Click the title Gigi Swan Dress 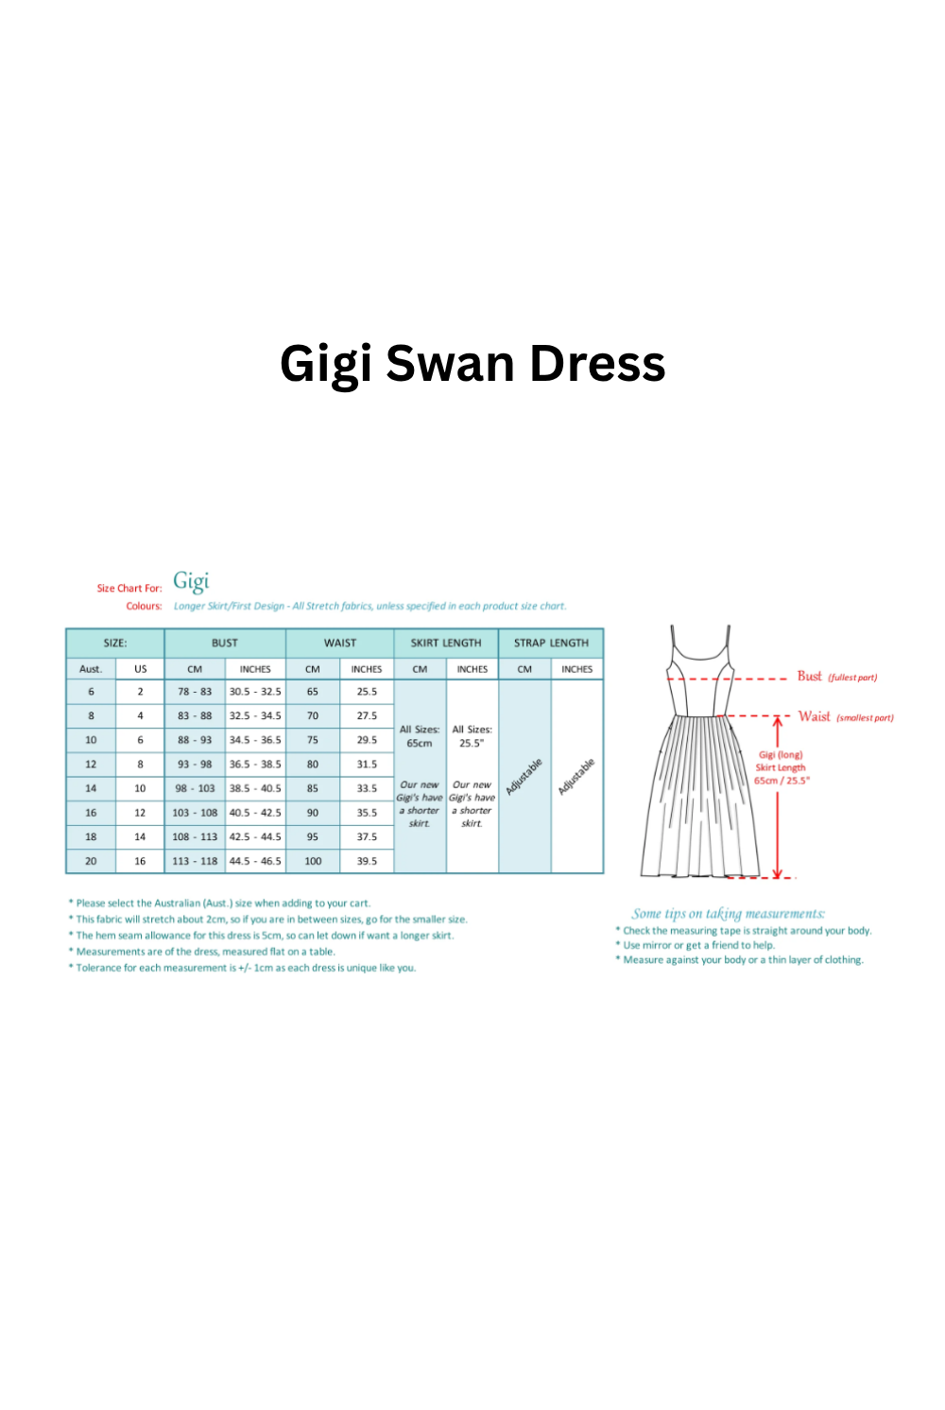(x=472, y=365)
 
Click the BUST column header (x=225, y=643)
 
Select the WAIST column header (x=340, y=643)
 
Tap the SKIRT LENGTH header (x=446, y=643)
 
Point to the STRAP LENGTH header (x=551, y=643)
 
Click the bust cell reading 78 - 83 (x=195, y=692)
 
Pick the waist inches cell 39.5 (x=367, y=861)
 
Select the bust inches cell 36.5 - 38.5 (x=255, y=765)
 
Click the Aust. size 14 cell (x=91, y=788)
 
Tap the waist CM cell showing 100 (x=313, y=861)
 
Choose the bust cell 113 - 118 (x=195, y=861)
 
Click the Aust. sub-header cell (x=91, y=669)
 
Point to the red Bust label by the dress (x=810, y=677)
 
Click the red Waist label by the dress (x=815, y=717)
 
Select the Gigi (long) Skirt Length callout (x=782, y=767)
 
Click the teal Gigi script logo (x=191, y=581)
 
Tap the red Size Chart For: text (x=129, y=588)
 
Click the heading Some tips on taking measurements (x=728, y=914)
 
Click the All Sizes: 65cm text (x=420, y=736)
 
